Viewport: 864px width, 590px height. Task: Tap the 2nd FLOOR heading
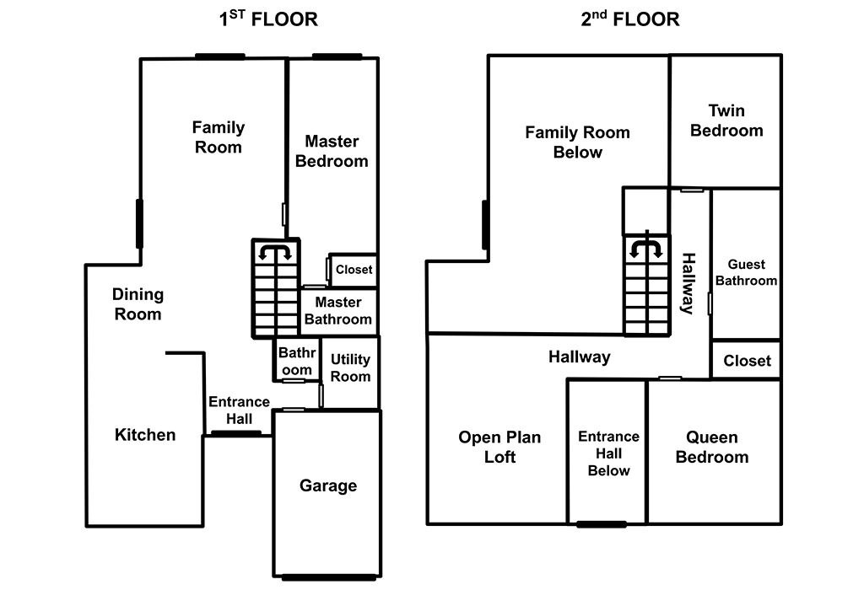pyautogui.click(x=629, y=19)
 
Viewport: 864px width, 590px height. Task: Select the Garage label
pyautogui.click(x=328, y=485)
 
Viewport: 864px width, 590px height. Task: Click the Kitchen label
pyautogui.click(x=145, y=435)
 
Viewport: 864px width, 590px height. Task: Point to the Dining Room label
pyautogui.click(x=138, y=304)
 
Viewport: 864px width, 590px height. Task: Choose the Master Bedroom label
pyautogui.click(x=332, y=151)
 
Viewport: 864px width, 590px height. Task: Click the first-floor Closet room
pyautogui.click(x=354, y=271)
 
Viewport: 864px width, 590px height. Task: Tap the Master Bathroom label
pyautogui.click(x=337, y=310)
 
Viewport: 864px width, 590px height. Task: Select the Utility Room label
pyautogui.click(x=350, y=368)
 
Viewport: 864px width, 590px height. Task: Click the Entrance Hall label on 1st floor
pyautogui.click(x=239, y=410)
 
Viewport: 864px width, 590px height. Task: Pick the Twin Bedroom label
pyautogui.click(x=726, y=121)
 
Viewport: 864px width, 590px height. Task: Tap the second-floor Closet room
pyautogui.click(x=747, y=361)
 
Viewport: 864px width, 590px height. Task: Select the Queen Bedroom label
pyautogui.click(x=712, y=447)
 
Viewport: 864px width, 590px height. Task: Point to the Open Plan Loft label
pyautogui.click(x=499, y=447)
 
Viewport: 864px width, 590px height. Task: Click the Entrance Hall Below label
pyautogui.click(x=608, y=453)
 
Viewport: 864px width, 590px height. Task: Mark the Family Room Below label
pyautogui.click(x=577, y=142)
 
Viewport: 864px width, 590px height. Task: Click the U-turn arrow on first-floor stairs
pyautogui.click(x=275, y=251)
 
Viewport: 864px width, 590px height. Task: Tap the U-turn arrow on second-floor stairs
pyautogui.click(x=646, y=246)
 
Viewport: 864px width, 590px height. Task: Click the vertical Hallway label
pyautogui.click(x=688, y=283)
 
